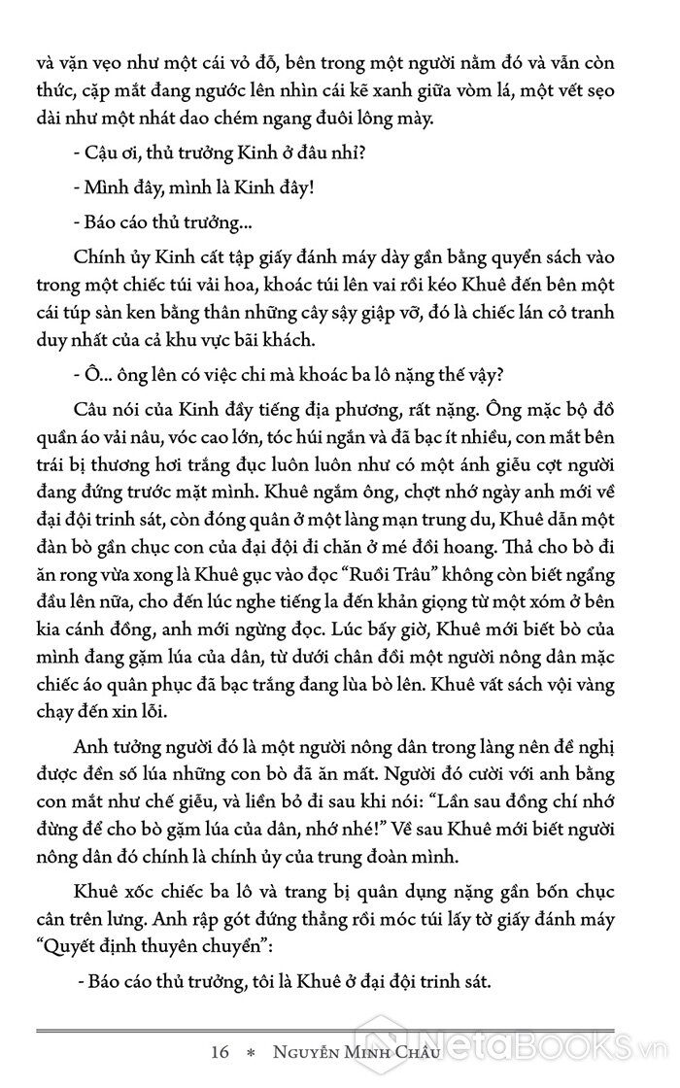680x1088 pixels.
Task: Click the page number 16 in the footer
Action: click(219, 1053)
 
